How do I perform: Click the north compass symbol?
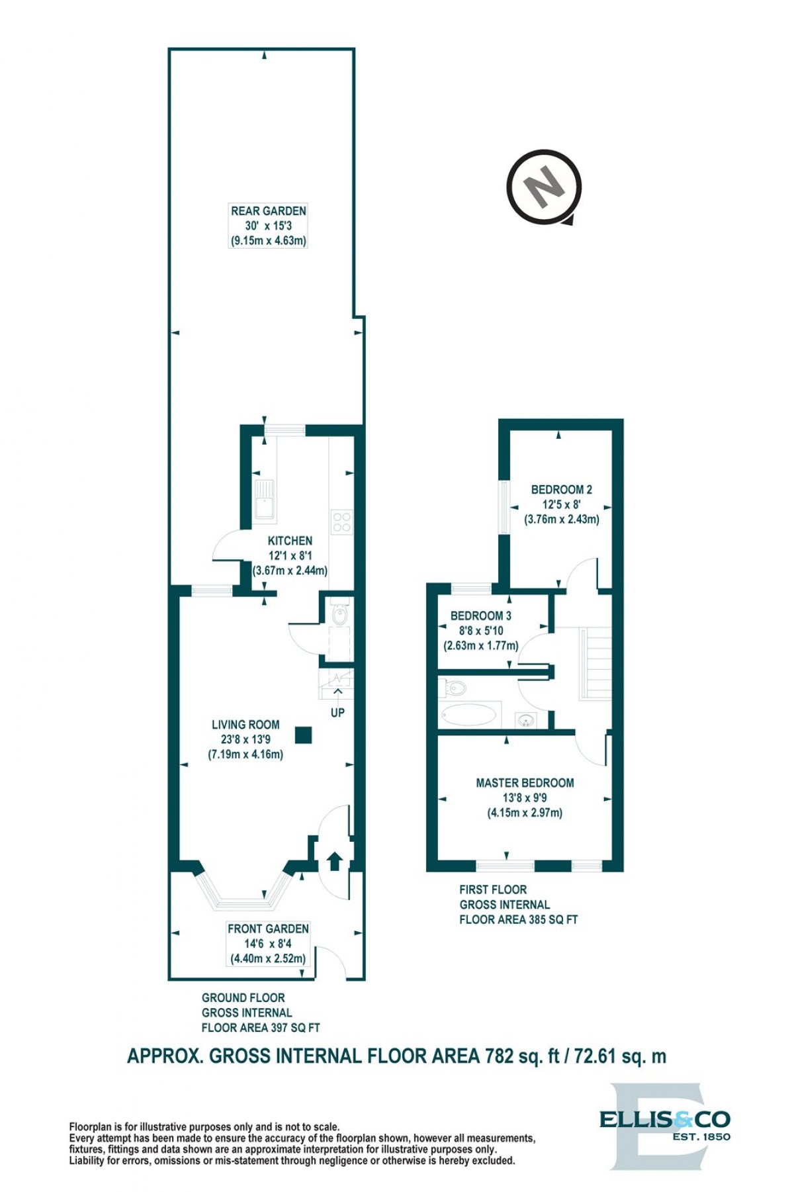[x=544, y=187]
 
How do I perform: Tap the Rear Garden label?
[x=269, y=211]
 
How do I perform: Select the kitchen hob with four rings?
[x=342, y=522]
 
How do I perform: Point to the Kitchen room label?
[x=290, y=541]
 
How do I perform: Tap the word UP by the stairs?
[x=337, y=713]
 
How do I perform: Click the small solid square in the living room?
[x=304, y=735]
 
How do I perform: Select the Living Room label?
[x=245, y=725]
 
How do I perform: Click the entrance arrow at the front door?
[x=334, y=860]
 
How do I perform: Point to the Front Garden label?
[x=268, y=929]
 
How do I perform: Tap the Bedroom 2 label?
[x=562, y=490]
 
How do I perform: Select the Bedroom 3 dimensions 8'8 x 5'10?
[x=481, y=631]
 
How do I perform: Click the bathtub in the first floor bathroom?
[x=468, y=715]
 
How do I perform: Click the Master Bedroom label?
[x=525, y=783]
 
